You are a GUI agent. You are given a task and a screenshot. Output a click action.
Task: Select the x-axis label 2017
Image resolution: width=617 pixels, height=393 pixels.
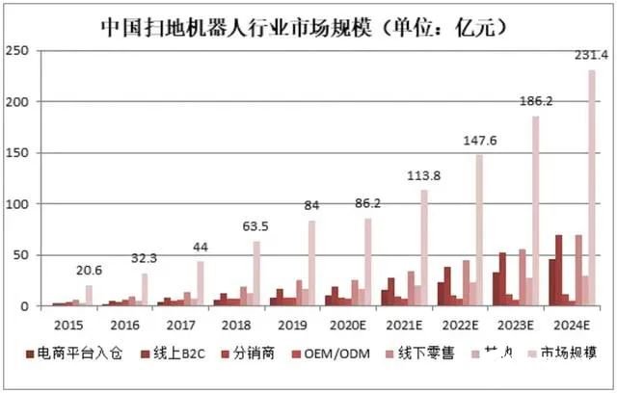point(182,327)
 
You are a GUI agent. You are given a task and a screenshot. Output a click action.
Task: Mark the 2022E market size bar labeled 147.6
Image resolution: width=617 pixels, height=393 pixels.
point(480,230)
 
